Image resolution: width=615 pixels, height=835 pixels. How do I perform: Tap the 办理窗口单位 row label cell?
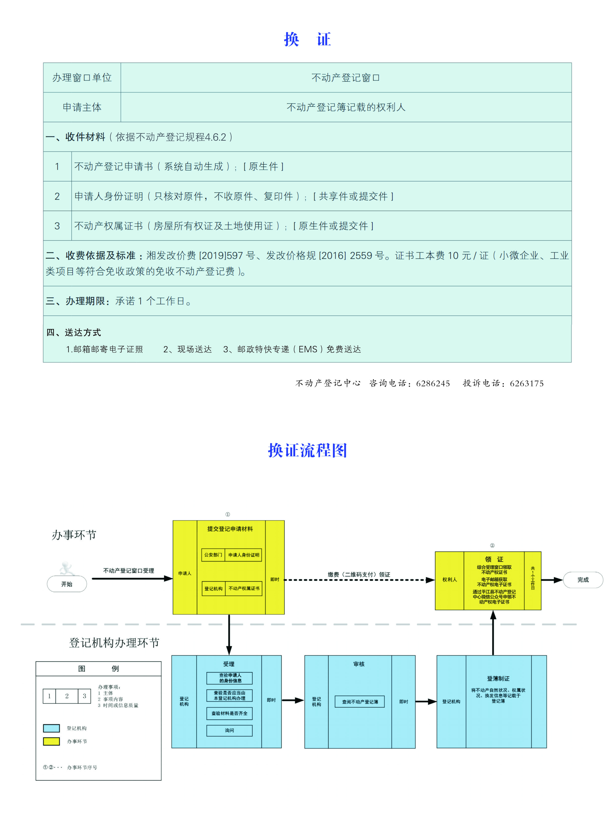point(82,78)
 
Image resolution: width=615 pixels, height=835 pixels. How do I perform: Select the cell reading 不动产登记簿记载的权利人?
point(346,107)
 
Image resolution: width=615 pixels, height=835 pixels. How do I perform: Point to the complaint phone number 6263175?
point(526,383)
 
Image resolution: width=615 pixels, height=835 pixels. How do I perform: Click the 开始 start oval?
point(67,584)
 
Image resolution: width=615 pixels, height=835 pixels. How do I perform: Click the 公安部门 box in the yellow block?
point(213,555)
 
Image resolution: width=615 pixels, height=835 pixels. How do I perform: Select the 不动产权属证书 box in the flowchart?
point(244,588)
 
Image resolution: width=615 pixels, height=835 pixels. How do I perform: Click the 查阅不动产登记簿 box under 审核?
point(360,701)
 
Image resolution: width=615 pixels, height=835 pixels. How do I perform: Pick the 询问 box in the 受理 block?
point(229,730)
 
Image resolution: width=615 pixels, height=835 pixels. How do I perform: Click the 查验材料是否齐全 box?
point(229,713)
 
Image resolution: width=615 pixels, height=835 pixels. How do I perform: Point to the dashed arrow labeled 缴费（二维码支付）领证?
point(359,580)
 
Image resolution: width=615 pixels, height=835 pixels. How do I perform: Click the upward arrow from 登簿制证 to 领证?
point(493,633)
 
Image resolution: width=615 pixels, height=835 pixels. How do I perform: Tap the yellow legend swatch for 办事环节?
point(51,741)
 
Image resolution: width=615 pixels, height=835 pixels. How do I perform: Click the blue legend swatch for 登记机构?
point(51,728)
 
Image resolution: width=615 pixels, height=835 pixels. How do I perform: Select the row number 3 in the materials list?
point(57,226)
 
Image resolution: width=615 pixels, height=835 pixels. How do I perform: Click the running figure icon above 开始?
point(67,568)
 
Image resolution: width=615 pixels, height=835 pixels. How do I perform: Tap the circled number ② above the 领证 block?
point(492,545)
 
